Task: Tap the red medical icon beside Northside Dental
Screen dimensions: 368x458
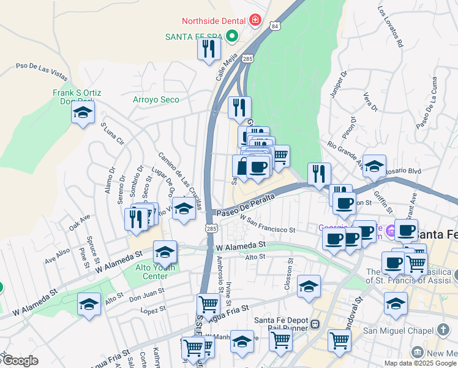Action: coord(255,21)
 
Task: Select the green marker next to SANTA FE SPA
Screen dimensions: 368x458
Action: coord(231,37)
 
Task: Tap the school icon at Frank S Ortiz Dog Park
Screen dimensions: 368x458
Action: coord(83,112)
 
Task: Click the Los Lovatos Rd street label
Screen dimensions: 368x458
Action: coord(391,27)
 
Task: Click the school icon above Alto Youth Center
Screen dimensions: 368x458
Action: coord(164,252)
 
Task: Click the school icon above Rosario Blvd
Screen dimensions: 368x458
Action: coord(374,166)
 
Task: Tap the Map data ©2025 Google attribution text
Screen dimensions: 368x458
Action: coord(420,363)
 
